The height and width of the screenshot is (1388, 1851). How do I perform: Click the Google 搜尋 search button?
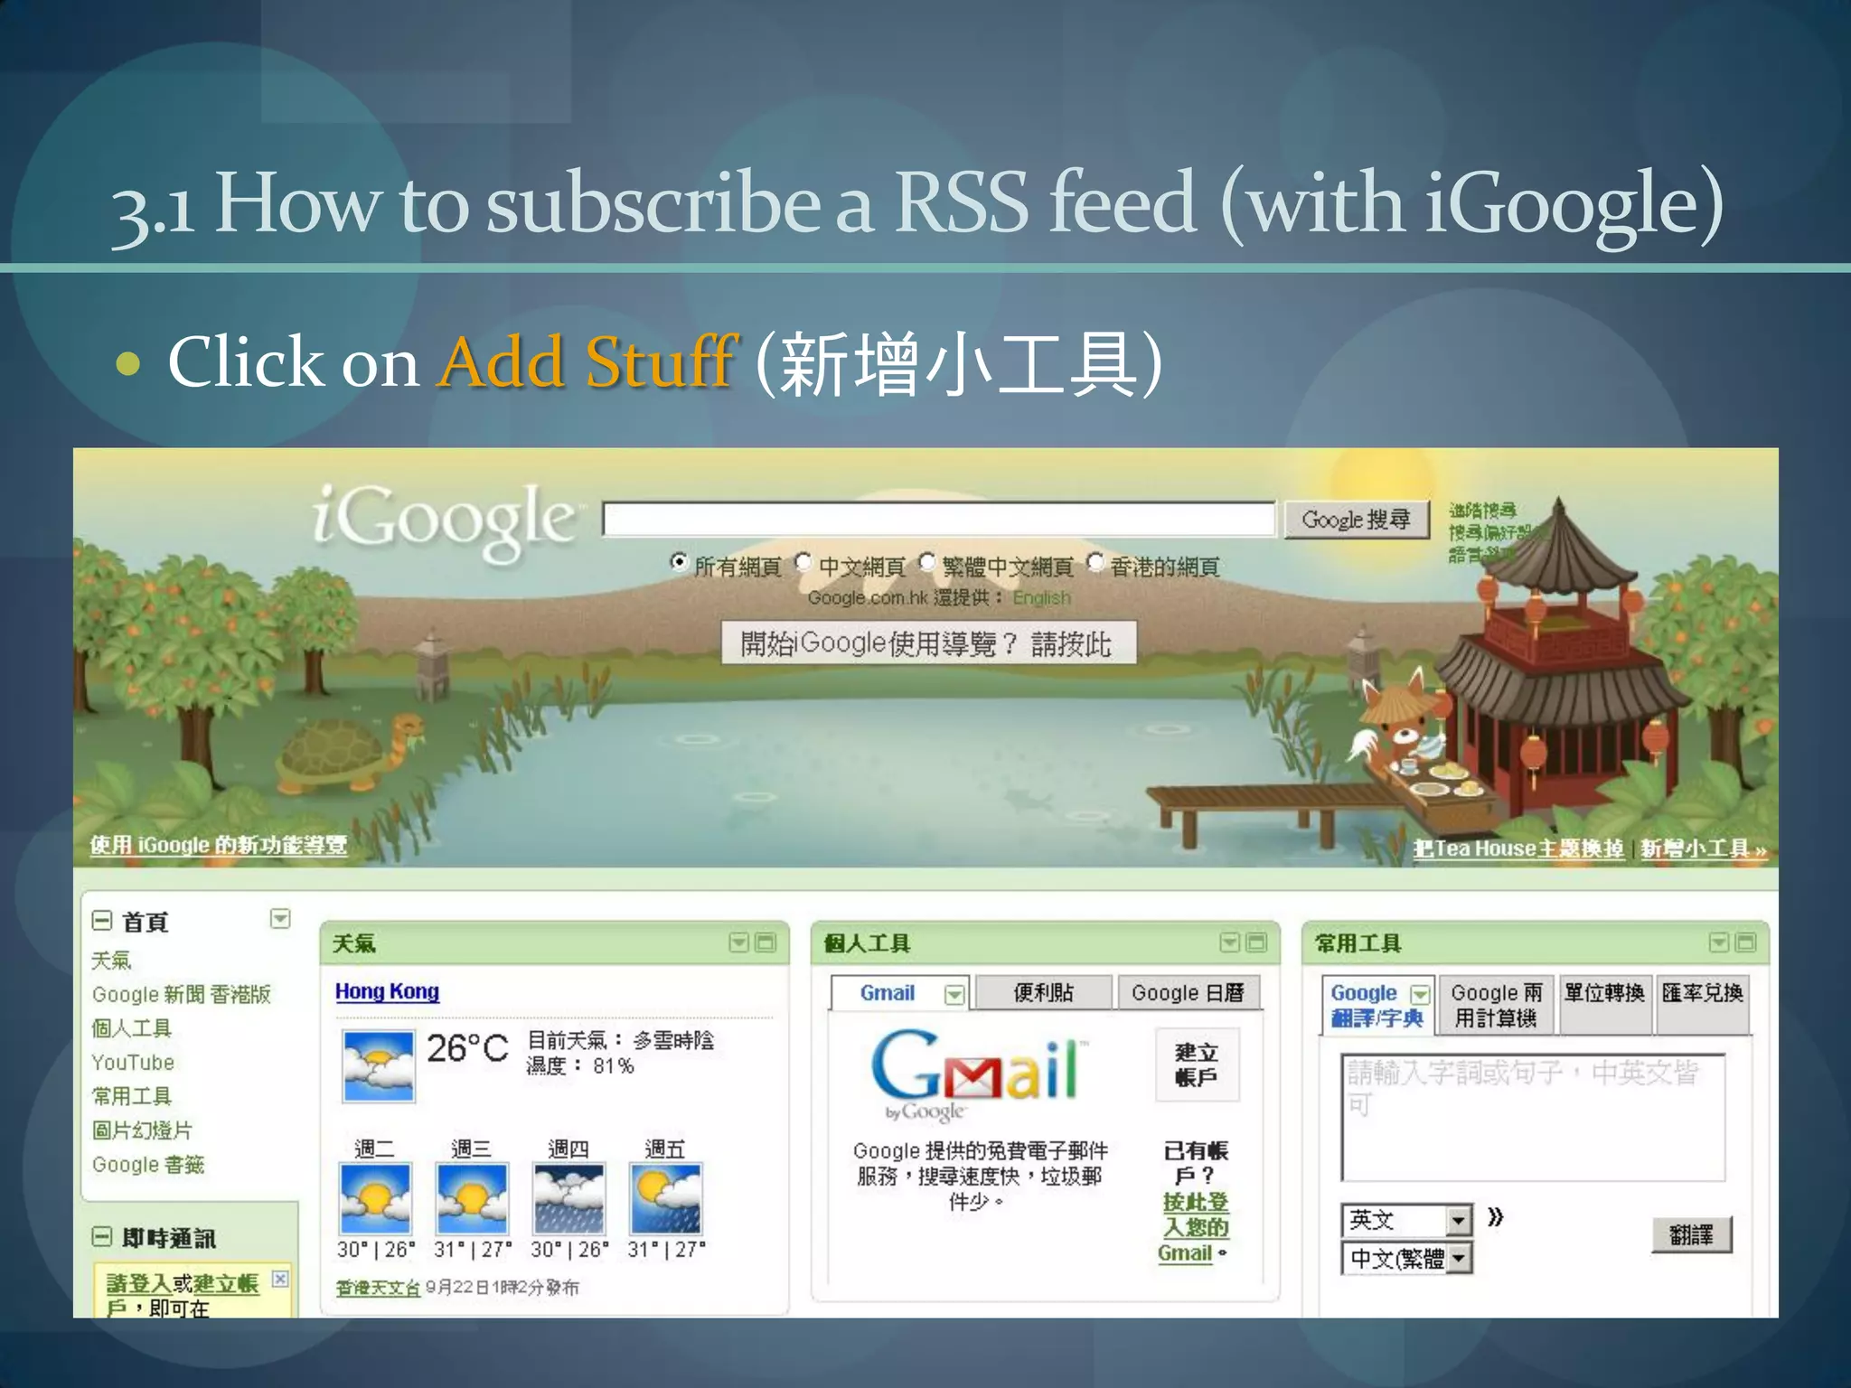(x=1356, y=520)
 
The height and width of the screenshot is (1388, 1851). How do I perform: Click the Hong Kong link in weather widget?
(x=387, y=991)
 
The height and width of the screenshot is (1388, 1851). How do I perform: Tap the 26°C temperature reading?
(x=467, y=1048)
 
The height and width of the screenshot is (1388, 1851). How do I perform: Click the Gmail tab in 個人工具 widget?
(x=888, y=993)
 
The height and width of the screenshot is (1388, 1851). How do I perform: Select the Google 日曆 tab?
(x=1188, y=993)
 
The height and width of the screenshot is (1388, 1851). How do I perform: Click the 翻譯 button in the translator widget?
(x=1691, y=1234)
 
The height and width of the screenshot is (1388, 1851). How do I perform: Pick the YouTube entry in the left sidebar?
(x=133, y=1063)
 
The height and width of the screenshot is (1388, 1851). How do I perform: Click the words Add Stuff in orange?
(x=587, y=362)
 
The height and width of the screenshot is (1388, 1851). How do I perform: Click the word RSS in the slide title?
(x=961, y=203)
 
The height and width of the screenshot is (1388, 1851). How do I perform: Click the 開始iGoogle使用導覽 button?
(x=927, y=643)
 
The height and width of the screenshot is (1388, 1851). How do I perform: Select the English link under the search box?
(x=1041, y=598)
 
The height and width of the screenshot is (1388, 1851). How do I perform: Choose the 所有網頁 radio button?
(x=679, y=562)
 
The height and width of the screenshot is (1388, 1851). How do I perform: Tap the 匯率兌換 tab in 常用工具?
(x=1702, y=993)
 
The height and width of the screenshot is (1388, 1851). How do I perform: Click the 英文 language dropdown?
(x=1405, y=1220)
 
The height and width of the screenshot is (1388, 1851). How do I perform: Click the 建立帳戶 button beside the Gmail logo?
(x=1197, y=1064)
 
